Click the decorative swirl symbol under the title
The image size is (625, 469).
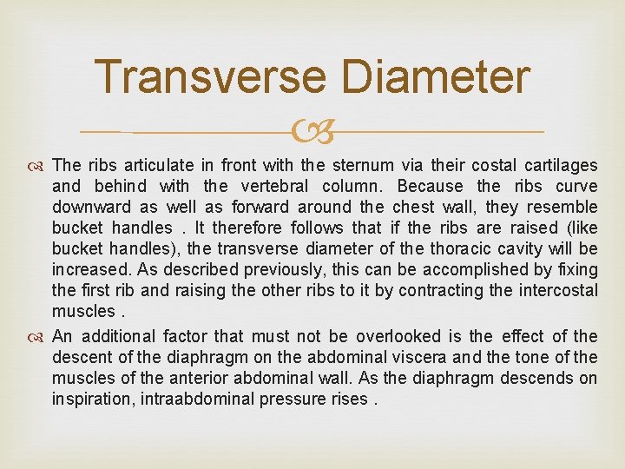[x=312, y=132]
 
